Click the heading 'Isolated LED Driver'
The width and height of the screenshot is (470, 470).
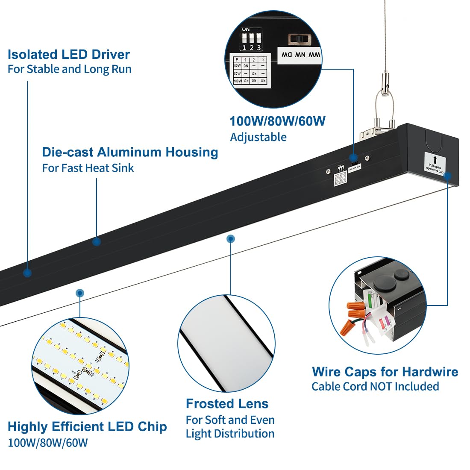coord(68,54)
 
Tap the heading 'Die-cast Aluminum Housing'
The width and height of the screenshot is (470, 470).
coord(130,152)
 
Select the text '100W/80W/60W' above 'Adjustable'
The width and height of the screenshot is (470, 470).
coord(277,121)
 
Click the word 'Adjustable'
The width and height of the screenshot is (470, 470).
coord(258,137)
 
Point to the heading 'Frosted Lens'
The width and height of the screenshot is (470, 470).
coord(227,404)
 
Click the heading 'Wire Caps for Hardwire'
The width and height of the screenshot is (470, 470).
coord(385,372)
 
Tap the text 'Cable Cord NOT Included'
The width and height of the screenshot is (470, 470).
coord(375,387)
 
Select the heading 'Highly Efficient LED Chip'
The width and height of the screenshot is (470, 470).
coord(87,426)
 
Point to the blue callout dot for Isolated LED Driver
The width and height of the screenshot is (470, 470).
coord(27,273)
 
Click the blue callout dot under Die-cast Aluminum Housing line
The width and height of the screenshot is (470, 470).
coord(97,241)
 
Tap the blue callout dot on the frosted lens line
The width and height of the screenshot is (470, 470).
coord(231,238)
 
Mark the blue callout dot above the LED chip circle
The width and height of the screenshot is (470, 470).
coord(79,293)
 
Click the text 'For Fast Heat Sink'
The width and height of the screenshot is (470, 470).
coord(88,168)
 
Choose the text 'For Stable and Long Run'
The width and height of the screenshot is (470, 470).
coord(69,69)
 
